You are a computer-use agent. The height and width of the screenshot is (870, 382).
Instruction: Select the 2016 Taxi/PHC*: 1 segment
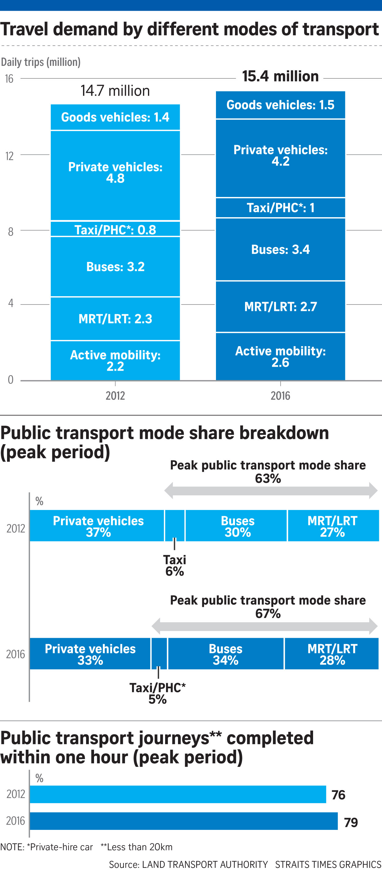pyautogui.click(x=280, y=207)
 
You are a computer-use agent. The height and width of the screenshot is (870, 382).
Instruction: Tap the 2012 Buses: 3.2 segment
pyautogui.click(x=115, y=267)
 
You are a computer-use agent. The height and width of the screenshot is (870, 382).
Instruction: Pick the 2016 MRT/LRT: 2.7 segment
pyautogui.click(x=280, y=306)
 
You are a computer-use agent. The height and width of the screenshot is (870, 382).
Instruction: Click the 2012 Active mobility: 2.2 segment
pyautogui.click(x=115, y=360)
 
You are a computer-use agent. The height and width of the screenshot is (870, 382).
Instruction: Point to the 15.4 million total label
pyautogui.click(x=280, y=76)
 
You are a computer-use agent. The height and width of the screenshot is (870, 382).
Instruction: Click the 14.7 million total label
pyautogui.click(x=115, y=91)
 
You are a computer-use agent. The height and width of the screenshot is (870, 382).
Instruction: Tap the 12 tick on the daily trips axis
pyautogui.click(x=9, y=156)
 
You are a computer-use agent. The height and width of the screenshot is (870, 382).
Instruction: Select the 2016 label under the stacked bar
pyautogui.click(x=280, y=395)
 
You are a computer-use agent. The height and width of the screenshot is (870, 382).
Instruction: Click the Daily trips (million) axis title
pyautogui.click(x=40, y=62)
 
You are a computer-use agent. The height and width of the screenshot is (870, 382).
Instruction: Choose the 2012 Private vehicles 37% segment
pyautogui.click(x=98, y=526)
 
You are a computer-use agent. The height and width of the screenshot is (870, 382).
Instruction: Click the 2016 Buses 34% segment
pyautogui.click(x=226, y=654)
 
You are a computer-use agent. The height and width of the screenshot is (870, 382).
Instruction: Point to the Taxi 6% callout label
pyautogui.click(x=175, y=565)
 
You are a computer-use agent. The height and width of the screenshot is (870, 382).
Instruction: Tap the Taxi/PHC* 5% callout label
pyautogui.click(x=157, y=693)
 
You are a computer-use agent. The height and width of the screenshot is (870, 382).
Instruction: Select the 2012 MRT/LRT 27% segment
pyautogui.click(x=332, y=526)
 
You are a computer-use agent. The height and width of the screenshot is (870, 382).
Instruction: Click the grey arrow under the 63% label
pyautogui.click(x=270, y=490)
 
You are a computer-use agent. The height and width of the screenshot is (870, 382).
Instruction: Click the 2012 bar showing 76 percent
pyautogui.click(x=177, y=794)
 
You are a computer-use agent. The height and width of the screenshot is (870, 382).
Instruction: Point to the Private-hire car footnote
pyautogui.click(x=47, y=847)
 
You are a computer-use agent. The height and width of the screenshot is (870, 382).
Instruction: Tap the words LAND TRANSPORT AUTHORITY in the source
pyautogui.click(x=205, y=864)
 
